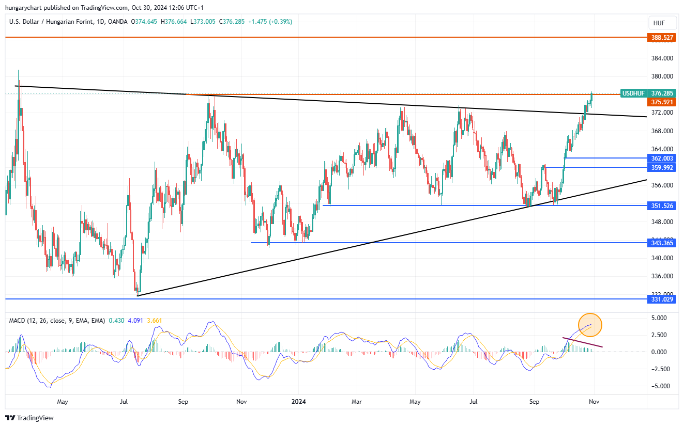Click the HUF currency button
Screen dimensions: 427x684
[659, 23]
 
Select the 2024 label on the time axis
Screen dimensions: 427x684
[299, 401]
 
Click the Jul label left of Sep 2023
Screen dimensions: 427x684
[124, 401]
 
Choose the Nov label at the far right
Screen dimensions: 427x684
[594, 401]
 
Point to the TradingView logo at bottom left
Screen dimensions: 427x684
[29, 418]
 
